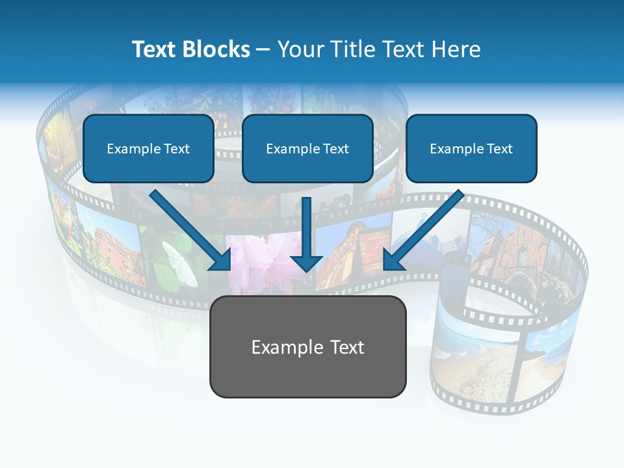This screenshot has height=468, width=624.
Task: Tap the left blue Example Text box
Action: (148, 149)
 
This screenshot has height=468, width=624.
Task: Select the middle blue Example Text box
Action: (307, 149)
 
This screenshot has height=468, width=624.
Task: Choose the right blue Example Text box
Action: (471, 149)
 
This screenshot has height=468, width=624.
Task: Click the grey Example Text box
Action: (307, 347)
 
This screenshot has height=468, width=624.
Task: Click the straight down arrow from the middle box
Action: (306, 231)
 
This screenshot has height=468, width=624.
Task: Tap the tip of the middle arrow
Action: (306, 269)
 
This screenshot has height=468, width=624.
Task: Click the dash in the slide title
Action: (263, 50)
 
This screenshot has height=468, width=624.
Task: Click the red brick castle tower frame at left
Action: (117, 250)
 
